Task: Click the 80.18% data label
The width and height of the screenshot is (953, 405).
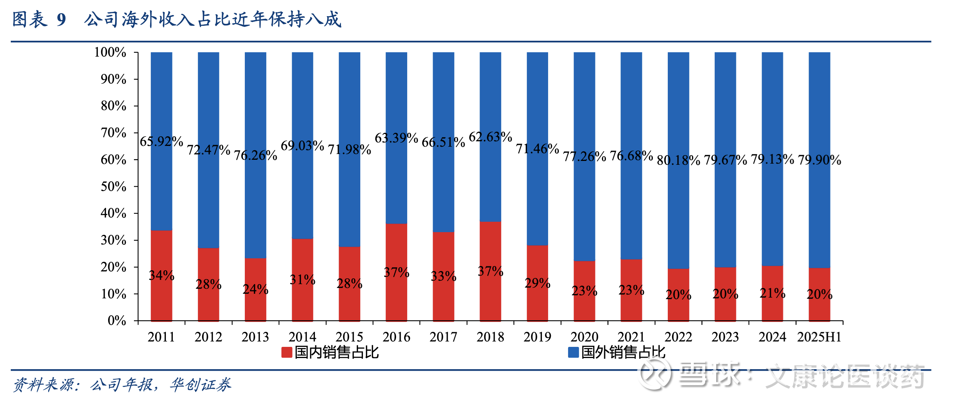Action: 678,160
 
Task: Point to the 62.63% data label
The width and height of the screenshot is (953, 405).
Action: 490,137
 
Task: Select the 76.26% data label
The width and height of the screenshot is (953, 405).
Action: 256,155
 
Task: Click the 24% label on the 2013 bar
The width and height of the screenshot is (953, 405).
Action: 256,289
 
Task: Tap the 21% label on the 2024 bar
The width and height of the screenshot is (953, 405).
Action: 772,293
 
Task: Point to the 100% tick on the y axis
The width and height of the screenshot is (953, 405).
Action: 110,52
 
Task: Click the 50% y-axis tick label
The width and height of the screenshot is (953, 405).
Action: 113,187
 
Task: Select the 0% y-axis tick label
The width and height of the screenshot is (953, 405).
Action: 117,320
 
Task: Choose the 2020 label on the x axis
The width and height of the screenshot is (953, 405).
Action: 584,337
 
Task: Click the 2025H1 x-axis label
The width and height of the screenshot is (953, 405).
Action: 819,337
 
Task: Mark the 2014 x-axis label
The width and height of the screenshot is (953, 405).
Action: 303,337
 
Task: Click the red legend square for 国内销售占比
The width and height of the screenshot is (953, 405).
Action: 287,352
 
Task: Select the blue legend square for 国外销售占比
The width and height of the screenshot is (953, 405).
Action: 573,352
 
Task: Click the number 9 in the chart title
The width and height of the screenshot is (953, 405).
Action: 61,20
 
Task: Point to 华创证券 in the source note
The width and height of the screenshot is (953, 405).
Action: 201,385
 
